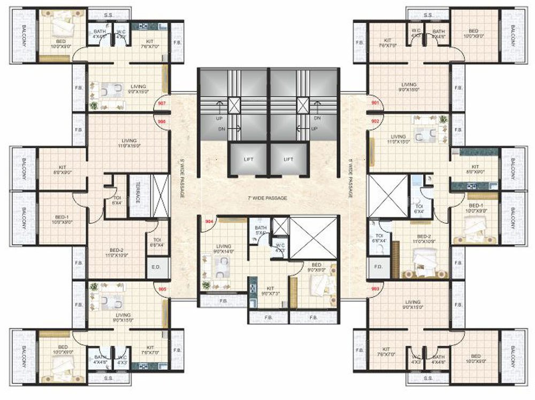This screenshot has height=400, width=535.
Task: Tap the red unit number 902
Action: pyautogui.click(x=374, y=121)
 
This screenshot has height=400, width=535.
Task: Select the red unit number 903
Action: pyautogui.click(x=374, y=289)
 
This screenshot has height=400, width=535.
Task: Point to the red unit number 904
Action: pyautogui.click(x=209, y=220)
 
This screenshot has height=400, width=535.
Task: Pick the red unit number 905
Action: pyautogui.click(x=163, y=289)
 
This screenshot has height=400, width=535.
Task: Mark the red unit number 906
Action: pyautogui.click(x=162, y=122)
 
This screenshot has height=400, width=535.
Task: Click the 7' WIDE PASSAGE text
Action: pyautogui.click(x=267, y=198)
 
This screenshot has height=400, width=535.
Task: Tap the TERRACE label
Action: pyautogui.click(x=137, y=191)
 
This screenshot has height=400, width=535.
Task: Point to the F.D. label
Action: pyautogui.click(x=378, y=267)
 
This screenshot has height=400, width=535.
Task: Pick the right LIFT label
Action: pyautogui.click(x=288, y=159)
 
